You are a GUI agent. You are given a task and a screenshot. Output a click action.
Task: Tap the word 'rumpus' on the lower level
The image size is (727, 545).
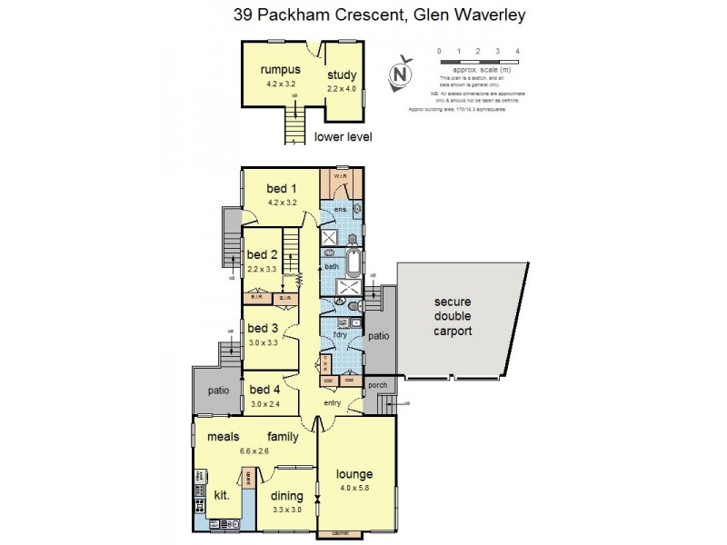click(x=280, y=70)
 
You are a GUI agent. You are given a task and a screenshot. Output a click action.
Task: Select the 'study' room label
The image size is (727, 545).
click(x=342, y=74)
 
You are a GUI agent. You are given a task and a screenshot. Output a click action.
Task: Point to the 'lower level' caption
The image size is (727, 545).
click(x=343, y=137)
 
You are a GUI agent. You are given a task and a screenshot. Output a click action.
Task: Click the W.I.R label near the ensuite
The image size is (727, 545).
click(x=343, y=175)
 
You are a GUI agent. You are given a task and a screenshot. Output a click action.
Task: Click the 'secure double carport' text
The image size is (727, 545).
click(x=451, y=316)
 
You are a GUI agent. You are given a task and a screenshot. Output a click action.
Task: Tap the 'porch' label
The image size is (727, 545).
click(x=378, y=385)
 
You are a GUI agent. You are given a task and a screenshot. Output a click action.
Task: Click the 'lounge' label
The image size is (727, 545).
click(x=354, y=474)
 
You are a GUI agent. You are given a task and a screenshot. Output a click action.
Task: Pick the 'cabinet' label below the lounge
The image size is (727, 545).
click(x=342, y=533)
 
